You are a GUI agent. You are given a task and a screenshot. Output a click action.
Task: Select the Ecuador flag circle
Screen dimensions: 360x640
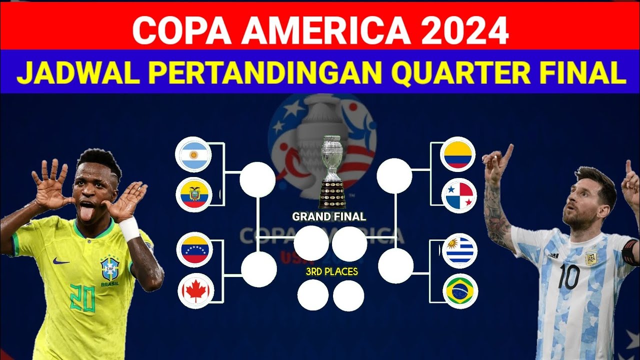[x=194, y=194]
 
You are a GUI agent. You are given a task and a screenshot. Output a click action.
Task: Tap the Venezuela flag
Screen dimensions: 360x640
[x=194, y=250]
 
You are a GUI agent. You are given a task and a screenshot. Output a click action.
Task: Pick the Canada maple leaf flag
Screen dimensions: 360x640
[x=196, y=291]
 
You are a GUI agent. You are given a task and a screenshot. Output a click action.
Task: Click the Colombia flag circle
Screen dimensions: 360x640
[x=457, y=154]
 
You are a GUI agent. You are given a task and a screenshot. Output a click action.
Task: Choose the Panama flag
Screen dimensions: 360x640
[x=459, y=195]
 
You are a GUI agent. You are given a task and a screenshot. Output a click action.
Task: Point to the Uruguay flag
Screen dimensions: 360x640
[x=459, y=251]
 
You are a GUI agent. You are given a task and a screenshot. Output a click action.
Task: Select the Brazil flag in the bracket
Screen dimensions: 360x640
[x=460, y=291]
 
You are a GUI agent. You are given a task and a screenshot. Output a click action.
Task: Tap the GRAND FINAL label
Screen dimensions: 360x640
[x=329, y=217]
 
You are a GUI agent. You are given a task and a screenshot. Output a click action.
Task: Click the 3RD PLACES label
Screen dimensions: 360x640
[x=332, y=272]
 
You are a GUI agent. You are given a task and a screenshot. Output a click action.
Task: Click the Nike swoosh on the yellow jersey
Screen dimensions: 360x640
[x=61, y=261]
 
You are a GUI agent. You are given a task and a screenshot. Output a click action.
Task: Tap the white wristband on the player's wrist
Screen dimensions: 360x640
[x=129, y=228]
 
